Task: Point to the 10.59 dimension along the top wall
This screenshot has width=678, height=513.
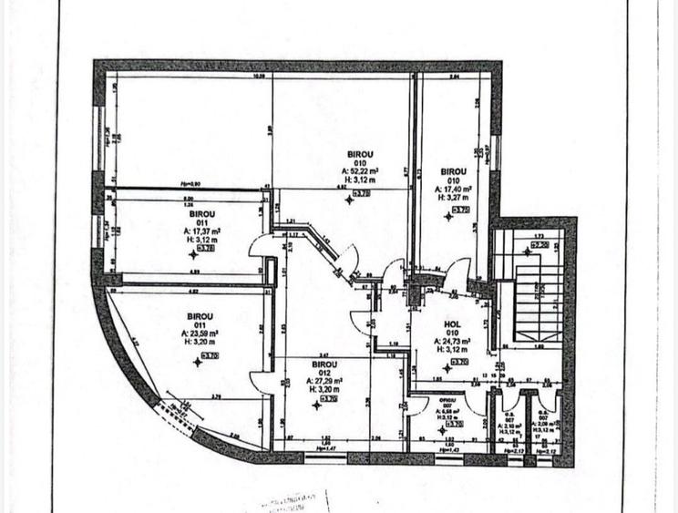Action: [258, 77]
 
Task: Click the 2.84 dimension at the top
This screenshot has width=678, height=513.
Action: [455, 77]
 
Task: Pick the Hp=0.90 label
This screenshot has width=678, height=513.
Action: [190, 185]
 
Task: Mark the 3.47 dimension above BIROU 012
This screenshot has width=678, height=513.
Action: [324, 354]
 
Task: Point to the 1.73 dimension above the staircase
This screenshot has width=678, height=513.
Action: [538, 234]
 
